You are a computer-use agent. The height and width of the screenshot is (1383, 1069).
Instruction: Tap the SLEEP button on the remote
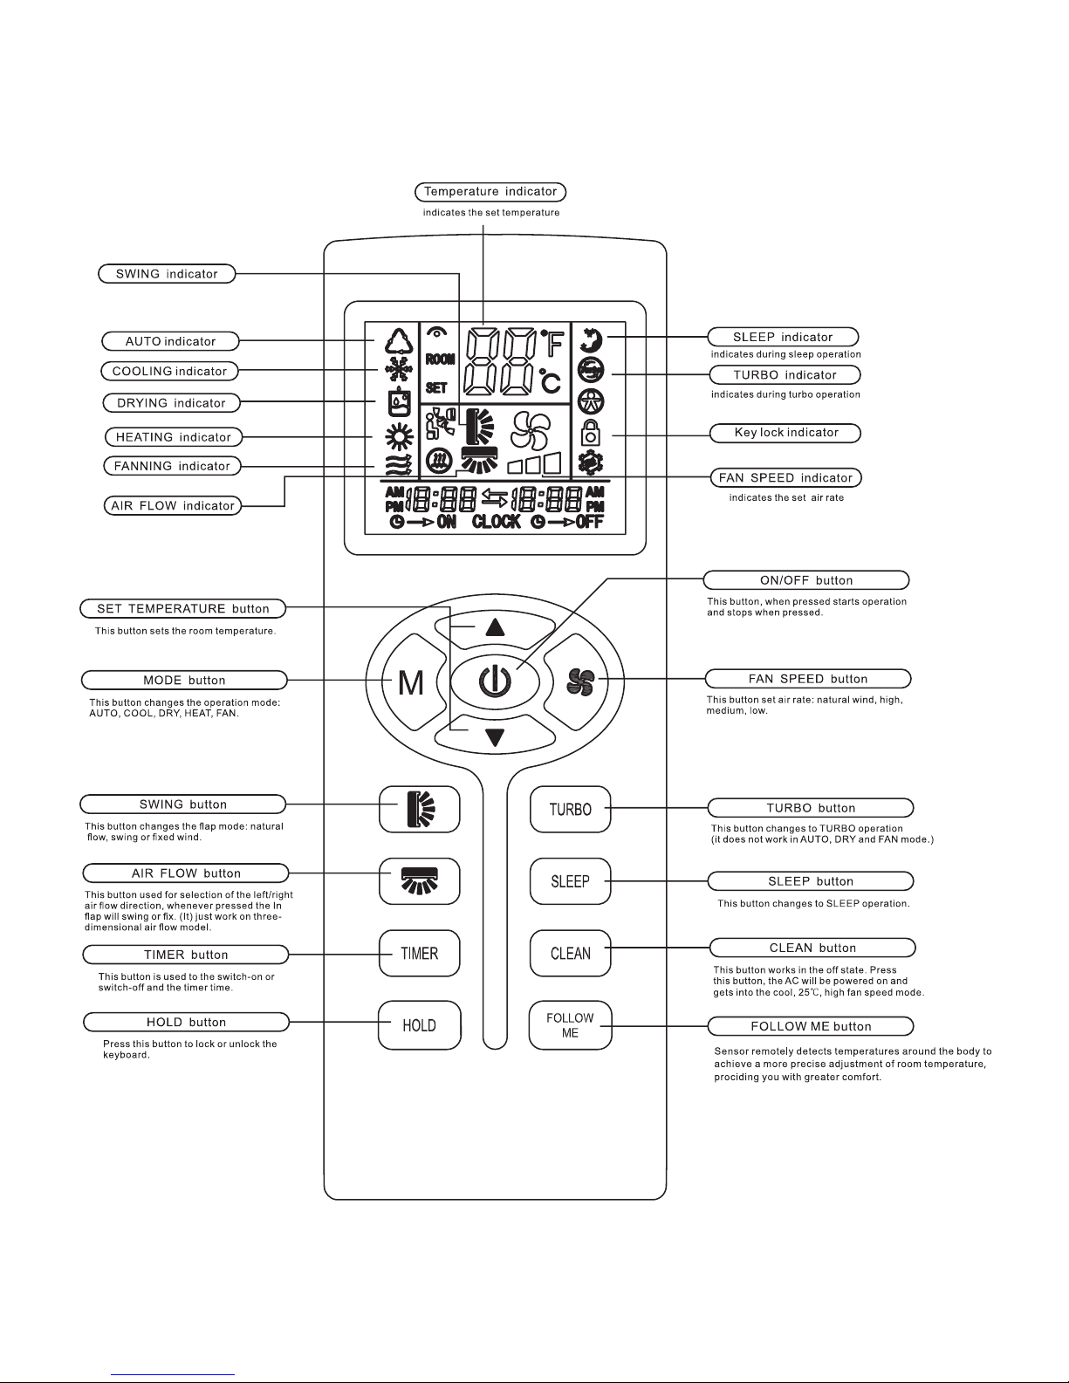570,880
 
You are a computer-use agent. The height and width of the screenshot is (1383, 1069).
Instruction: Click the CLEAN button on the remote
570,953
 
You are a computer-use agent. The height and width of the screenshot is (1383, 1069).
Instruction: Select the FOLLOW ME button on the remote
570,1024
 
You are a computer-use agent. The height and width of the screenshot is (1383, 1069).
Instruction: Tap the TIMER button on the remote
420,953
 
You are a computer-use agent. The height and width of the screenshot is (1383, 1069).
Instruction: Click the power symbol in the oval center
495,681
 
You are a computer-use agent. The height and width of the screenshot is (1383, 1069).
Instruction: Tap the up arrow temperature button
495,626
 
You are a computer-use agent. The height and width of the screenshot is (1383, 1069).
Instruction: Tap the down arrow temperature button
495,737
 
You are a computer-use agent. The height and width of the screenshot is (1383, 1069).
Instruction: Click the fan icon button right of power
580,681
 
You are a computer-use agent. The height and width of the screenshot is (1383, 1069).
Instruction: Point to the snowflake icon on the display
399,369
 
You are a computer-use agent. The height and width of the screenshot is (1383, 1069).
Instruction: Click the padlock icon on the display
591,432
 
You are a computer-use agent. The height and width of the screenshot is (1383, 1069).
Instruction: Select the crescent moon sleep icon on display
591,340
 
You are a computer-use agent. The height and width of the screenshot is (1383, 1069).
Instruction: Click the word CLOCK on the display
497,522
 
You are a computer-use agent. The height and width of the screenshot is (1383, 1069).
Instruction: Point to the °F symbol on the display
552,343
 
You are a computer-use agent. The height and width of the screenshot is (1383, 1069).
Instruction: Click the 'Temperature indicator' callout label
490,192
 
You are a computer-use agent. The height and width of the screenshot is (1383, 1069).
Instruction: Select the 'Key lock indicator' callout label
785,433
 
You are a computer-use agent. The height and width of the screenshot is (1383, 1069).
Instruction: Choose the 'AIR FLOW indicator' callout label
173,505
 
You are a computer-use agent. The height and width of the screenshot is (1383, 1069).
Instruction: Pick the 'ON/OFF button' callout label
806,579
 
